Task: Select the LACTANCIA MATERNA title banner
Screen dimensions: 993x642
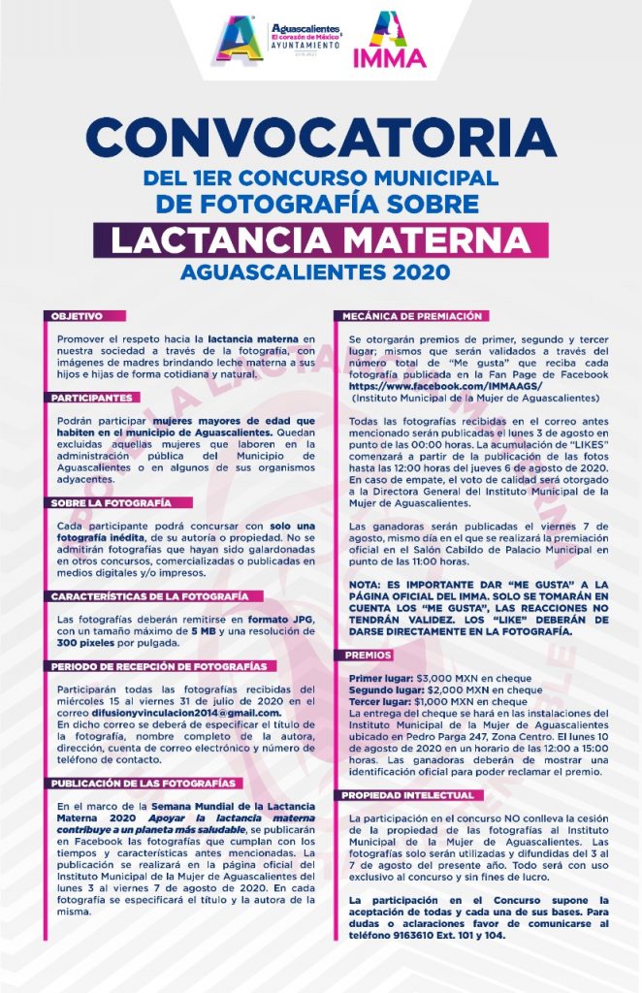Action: tap(320, 239)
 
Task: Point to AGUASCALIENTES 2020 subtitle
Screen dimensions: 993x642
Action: tap(320, 272)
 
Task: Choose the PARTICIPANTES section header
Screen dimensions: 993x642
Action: tap(91, 398)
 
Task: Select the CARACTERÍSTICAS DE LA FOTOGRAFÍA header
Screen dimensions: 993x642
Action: tap(149, 595)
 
